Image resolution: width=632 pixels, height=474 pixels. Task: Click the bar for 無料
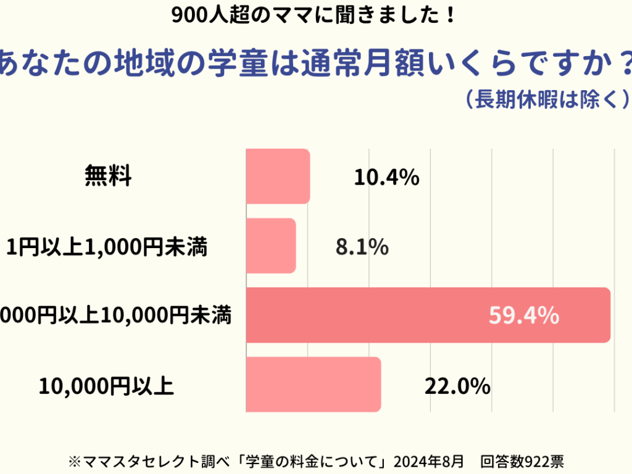click(278, 177)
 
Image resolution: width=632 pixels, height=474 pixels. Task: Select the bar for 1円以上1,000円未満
click(271, 246)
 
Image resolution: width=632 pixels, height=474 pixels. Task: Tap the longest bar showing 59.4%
click(428, 315)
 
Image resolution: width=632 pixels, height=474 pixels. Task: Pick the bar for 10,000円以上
click(314, 384)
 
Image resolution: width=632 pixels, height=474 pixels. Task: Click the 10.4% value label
click(387, 178)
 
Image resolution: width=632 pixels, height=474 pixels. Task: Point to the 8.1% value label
click(362, 247)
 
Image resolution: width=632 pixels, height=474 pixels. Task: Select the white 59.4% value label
click(524, 316)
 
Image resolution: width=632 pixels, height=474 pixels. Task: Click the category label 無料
click(108, 178)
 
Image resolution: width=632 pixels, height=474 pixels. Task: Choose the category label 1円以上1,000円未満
click(106, 247)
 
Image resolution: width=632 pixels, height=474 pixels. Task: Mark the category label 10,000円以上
click(106, 386)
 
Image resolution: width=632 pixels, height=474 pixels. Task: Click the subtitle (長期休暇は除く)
click(547, 99)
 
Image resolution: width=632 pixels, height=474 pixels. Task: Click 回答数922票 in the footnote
click(522, 461)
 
